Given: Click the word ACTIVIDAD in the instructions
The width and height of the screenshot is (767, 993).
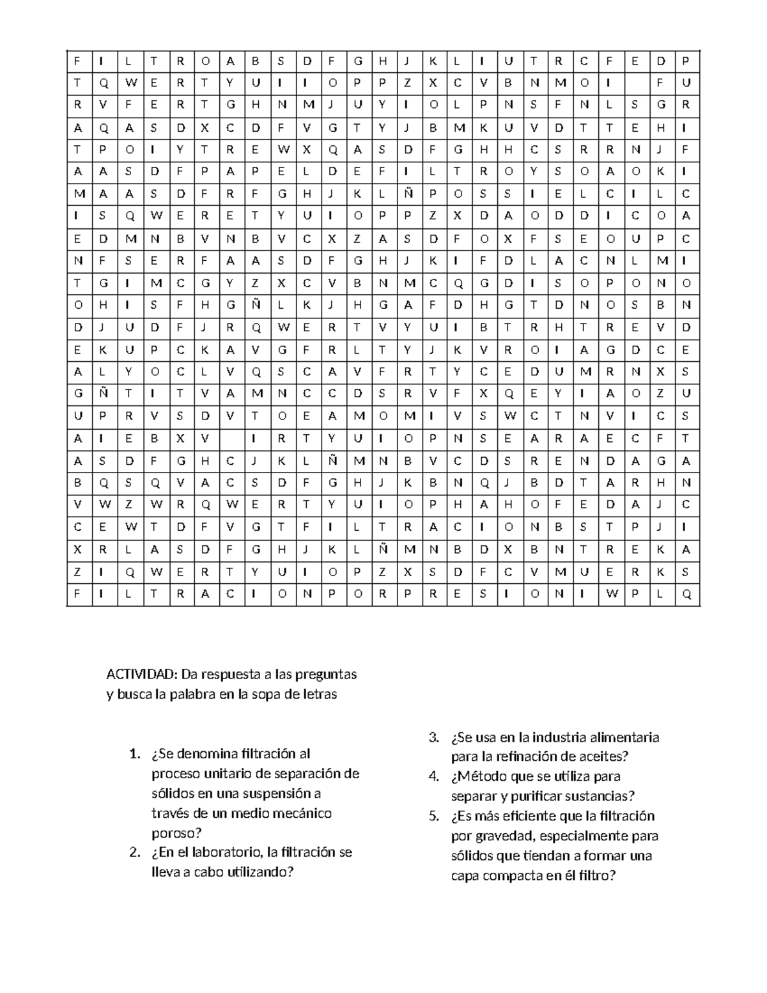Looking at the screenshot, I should (143, 675).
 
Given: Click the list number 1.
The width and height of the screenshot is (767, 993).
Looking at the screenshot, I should (133, 755).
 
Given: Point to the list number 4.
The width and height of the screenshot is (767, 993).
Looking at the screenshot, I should (434, 777).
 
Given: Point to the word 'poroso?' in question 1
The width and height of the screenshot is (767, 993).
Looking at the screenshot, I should (176, 833).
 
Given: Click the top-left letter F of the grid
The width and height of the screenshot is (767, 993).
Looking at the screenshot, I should (78, 61).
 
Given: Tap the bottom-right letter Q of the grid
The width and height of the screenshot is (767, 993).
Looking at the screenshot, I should (686, 594).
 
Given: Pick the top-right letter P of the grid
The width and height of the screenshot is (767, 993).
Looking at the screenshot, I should (686, 61).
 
